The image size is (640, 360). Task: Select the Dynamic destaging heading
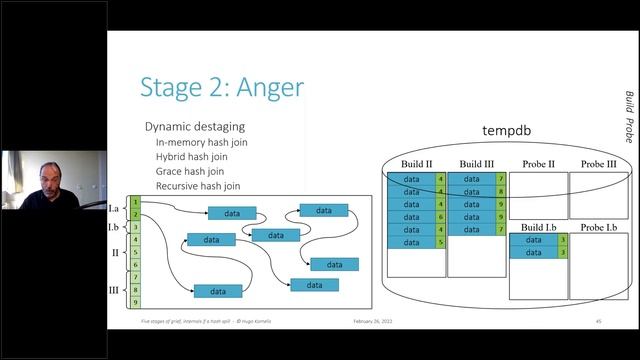195,127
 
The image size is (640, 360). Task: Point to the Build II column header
416,163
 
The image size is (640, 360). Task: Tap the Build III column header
477,163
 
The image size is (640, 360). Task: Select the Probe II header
539,163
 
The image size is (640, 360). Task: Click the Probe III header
598,163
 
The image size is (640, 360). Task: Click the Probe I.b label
598,228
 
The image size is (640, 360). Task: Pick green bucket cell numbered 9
135,298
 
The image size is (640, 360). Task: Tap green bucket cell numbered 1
135,202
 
